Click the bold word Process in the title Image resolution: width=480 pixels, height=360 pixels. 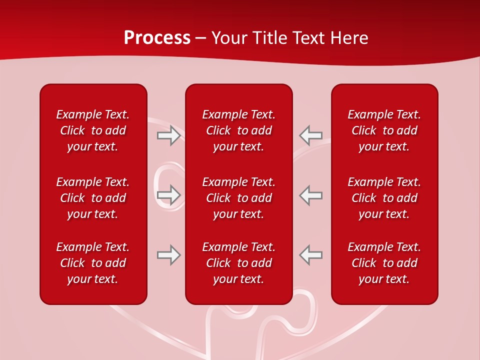(x=157, y=38)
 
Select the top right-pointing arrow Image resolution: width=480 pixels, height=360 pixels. (x=168, y=135)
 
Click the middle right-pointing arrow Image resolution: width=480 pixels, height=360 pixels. (x=168, y=195)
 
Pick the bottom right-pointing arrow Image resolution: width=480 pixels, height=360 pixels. (x=168, y=255)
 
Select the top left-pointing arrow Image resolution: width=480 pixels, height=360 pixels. (x=310, y=135)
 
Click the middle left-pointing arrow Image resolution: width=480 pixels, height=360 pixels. (x=310, y=195)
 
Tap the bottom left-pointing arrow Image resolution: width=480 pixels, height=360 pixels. (x=310, y=255)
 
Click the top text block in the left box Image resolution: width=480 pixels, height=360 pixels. (x=93, y=130)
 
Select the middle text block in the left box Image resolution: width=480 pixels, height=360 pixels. (x=93, y=198)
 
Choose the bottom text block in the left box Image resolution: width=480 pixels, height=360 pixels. (x=93, y=263)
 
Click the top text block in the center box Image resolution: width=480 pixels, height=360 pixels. (x=239, y=130)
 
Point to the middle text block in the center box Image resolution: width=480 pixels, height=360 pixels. (x=239, y=198)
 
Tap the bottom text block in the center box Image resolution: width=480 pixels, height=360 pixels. (x=239, y=263)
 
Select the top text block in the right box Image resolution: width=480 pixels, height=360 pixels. (x=384, y=130)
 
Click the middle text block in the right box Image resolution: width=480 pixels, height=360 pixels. (x=384, y=198)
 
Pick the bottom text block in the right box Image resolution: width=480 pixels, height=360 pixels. (x=384, y=263)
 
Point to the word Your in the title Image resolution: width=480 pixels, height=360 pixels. (x=228, y=38)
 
